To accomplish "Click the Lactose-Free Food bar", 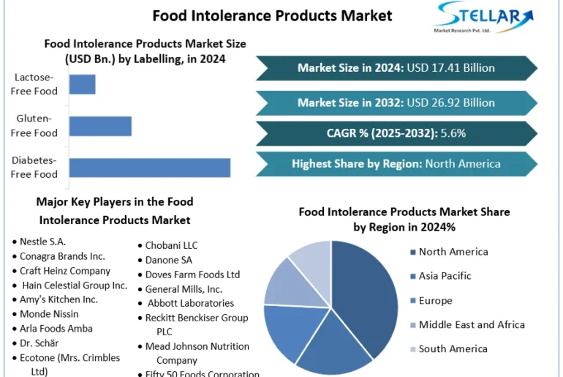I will [82, 84].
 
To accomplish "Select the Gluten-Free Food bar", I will [100, 126].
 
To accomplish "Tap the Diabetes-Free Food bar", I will [150, 167].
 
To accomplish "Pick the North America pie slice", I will [366, 293].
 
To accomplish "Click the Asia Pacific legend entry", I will [445, 276].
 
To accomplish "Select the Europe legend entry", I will [435, 301].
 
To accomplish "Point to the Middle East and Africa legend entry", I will [472, 324].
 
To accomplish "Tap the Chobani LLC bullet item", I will [171, 245].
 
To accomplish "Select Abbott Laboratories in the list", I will [190, 302].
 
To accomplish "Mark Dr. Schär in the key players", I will [39, 343].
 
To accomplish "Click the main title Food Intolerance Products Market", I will [272, 15].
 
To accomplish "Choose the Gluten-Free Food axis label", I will [35, 126].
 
